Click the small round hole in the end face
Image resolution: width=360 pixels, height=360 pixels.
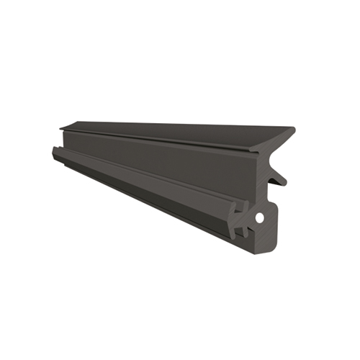pos(259,216)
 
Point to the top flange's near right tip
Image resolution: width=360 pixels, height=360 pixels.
pos(293,132)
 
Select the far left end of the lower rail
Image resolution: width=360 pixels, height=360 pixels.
pos(54,151)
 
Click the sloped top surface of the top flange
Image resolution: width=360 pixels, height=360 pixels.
pos(180,130)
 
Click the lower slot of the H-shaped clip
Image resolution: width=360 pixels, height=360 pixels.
pos(243,225)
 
